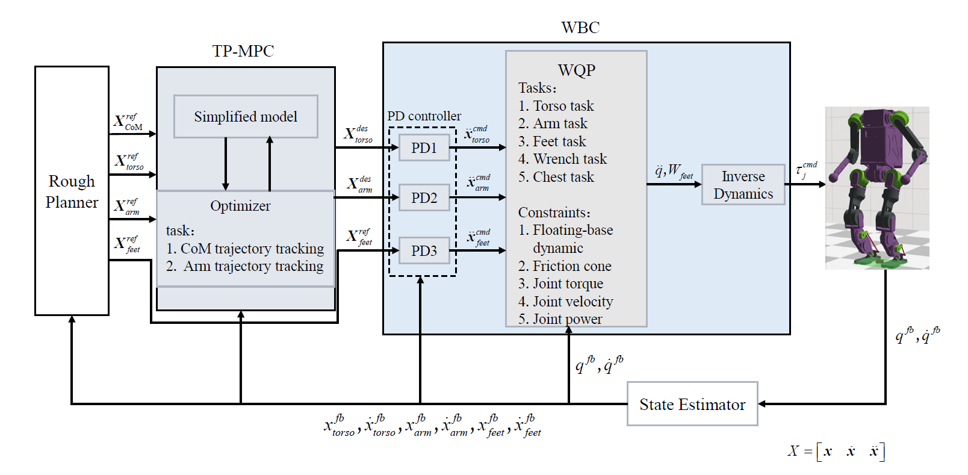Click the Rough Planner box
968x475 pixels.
pyautogui.click(x=72, y=191)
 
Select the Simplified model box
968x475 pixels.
pyautogui.click(x=246, y=116)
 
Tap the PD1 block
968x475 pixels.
pyautogui.click(x=424, y=147)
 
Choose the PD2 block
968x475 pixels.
pyautogui.click(x=424, y=197)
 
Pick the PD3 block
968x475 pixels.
pyautogui.click(x=424, y=250)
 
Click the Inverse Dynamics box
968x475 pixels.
pyautogui.click(x=743, y=185)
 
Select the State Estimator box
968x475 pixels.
pyautogui.click(x=692, y=404)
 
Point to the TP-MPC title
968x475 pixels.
pyautogui.click(x=243, y=51)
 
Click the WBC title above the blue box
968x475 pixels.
pyautogui.click(x=580, y=28)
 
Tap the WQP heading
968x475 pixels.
pyautogui.click(x=577, y=70)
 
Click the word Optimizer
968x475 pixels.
pyautogui.click(x=240, y=206)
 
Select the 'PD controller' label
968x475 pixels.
pyautogui.click(x=424, y=116)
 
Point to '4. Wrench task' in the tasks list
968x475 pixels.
pyautogui.click(x=562, y=159)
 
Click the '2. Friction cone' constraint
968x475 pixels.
pyautogui.click(x=565, y=266)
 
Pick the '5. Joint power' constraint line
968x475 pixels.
pyautogui.click(x=560, y=319)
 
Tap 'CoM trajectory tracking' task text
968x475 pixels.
pyautogui.click(x=252, y=249)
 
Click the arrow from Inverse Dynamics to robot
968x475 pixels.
pyautogui.click(x=805, y=185)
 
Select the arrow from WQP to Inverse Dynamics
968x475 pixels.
pyautogui.click(x=674, y=185)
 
